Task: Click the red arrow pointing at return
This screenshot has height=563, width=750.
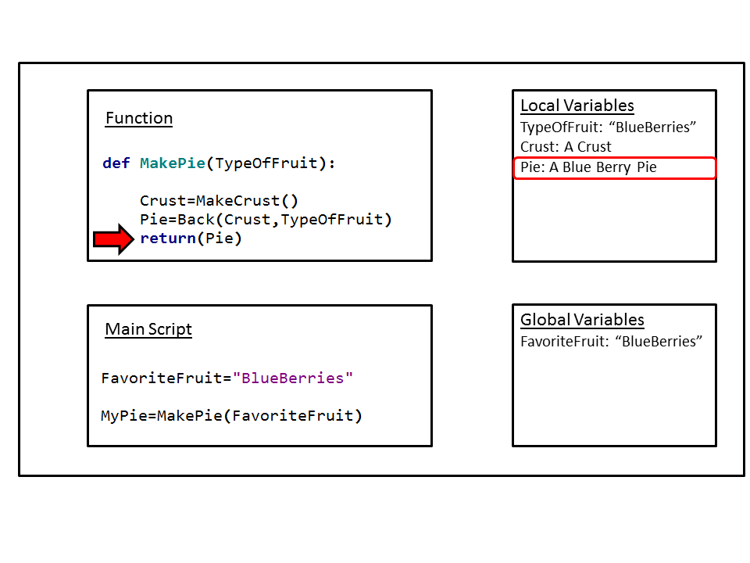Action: (113, 239)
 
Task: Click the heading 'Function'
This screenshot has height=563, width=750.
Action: (139, 118)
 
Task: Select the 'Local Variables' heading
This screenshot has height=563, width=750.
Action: (577, 106)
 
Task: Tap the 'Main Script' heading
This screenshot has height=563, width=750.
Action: (148, 329)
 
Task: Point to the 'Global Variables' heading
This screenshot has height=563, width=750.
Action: (582, 319)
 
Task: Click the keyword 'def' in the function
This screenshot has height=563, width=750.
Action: (116, 163)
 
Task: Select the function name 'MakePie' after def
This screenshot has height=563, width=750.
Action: (173, 163)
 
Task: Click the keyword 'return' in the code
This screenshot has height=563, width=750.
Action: (168, 238)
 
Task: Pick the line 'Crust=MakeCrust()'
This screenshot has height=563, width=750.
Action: (219, 201)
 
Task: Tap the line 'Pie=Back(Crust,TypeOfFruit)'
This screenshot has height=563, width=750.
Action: (266, 220)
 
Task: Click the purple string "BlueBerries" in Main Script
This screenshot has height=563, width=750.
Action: (293, 378)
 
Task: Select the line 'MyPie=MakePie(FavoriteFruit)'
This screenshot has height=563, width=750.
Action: (231, 415)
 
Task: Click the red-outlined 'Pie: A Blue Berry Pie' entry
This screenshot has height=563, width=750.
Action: (615, 168)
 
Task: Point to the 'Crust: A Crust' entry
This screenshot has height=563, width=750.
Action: (566, 146)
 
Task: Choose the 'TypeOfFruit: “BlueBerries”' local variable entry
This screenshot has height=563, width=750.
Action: (608, 127)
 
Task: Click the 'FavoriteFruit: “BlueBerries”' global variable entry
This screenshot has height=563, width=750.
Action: (611, 342)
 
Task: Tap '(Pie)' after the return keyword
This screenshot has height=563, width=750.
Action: (219, 238)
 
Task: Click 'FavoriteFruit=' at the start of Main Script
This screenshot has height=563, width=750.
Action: (166, 378)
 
